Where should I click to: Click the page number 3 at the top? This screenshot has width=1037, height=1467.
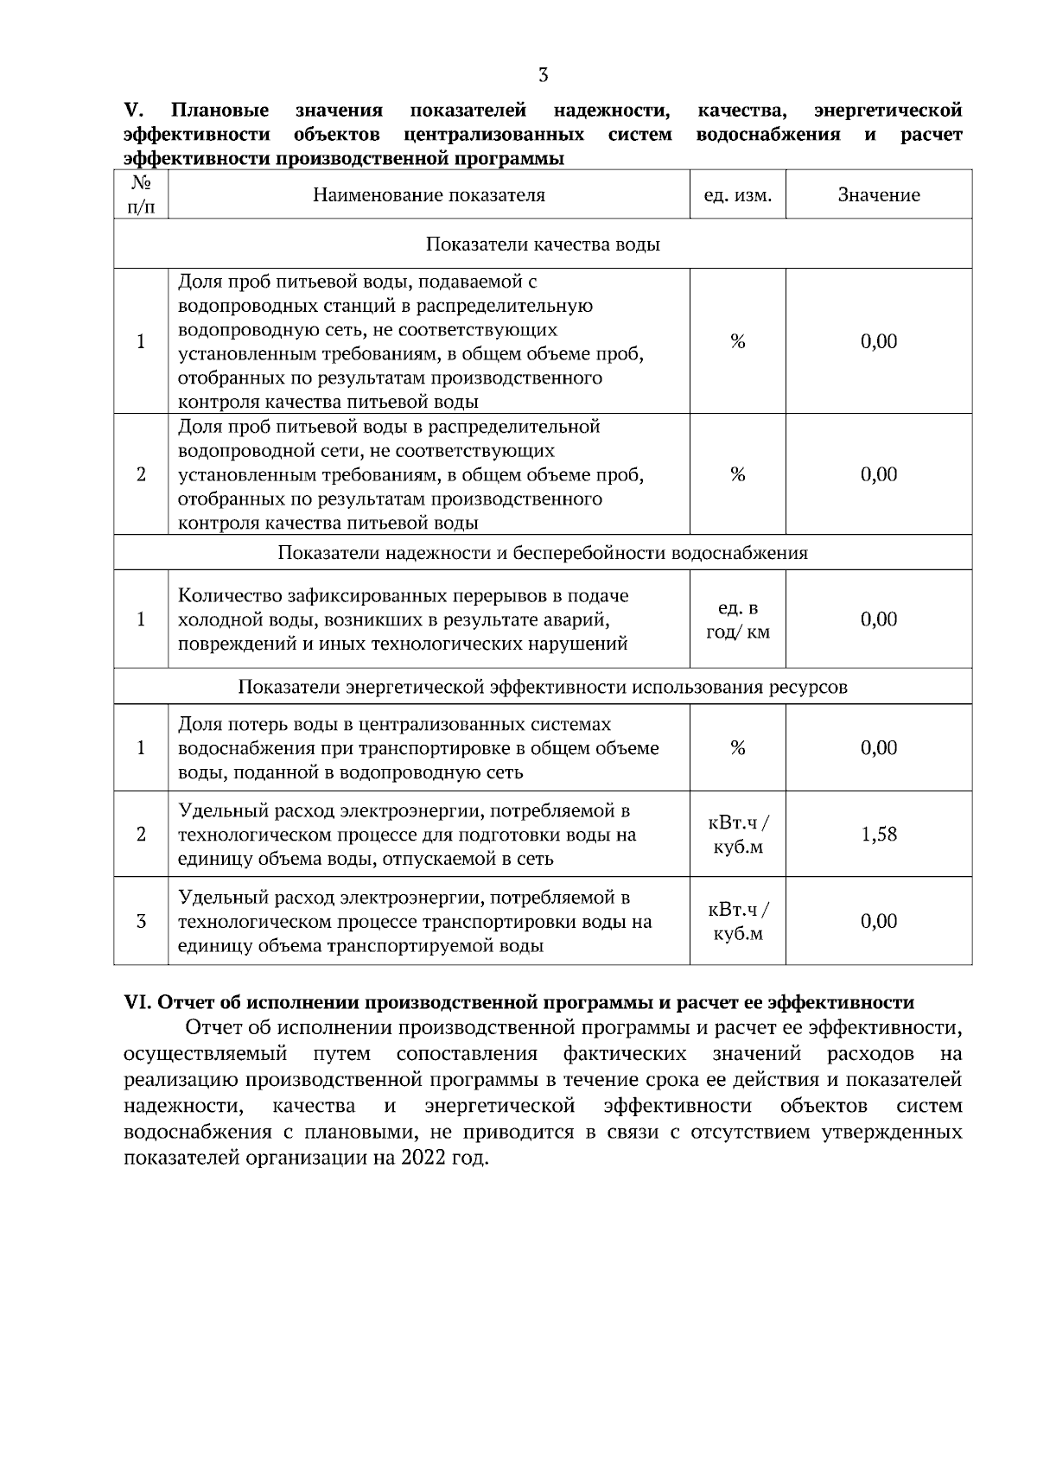[x=543, y=75]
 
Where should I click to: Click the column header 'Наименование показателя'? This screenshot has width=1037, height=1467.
[x=429, y=195]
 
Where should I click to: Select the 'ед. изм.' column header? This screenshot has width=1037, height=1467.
[x=737, y=195]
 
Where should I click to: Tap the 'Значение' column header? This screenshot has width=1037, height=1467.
[x=879, y=195]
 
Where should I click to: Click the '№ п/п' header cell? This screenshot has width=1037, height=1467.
[x=141, y=195]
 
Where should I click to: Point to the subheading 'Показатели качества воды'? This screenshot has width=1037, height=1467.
[x=543, y=244]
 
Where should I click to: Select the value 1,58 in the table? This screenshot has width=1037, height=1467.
[x=879, y=835]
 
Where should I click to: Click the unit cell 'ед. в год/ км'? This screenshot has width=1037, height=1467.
[x=737, y=620]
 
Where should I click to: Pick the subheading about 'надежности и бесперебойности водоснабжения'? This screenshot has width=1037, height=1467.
[x=543, y=553]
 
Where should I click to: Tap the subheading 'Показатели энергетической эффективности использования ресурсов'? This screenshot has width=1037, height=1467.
[x=543, y=688]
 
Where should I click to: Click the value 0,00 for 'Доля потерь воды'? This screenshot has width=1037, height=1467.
[x=879, y=748]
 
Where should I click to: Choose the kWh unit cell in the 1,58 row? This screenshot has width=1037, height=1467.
[x=737, y=835]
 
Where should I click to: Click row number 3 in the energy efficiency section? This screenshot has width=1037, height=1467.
[x=141, y=922]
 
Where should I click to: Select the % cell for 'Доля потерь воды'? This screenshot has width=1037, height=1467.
[x=737, y=748]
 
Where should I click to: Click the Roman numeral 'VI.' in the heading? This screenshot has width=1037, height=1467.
[x=138, y=1003]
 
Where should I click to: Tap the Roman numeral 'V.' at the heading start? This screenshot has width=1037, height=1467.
[x=133, y=111]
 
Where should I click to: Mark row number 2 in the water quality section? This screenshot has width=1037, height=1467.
[x=141, y=475]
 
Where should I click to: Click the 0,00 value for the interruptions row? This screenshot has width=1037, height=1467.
[x=879, y=619]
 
